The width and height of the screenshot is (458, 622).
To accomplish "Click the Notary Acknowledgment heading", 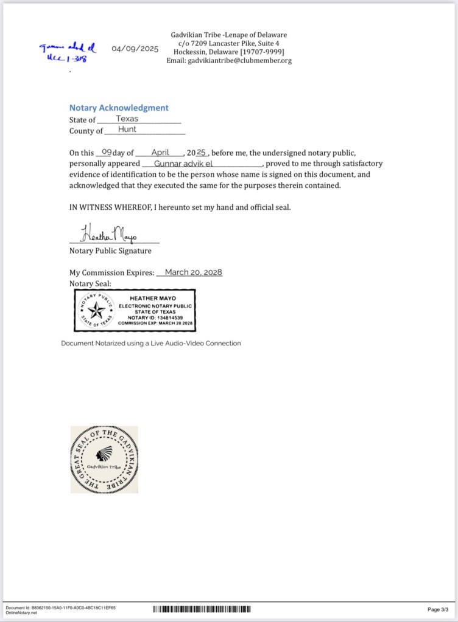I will click(119, 108).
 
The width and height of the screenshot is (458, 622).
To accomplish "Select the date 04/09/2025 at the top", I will click(135, 49).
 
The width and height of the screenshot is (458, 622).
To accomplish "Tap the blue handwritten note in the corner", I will click(68, 52).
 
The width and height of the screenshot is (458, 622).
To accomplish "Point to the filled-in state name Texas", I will click(127, 119).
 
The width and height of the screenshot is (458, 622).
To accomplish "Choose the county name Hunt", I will click(127, 130).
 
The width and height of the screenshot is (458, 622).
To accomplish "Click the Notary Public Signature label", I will click(110, 251).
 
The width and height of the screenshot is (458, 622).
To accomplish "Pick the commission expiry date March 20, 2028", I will click(193, 272).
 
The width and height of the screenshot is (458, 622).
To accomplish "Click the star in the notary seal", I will click(96, 311).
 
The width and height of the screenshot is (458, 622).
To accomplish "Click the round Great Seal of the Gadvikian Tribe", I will click(105, 459).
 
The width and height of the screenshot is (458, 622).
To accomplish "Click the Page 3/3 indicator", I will click(438, 609).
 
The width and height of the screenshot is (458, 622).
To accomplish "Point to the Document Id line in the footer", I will click(60, 607).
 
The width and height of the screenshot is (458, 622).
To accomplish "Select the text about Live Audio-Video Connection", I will click(150, 344).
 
